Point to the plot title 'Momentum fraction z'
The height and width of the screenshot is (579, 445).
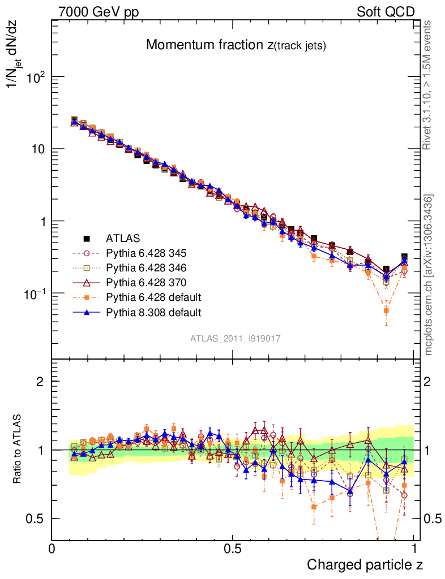(236, 46)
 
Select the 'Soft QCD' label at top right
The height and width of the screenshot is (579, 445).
(386, 12)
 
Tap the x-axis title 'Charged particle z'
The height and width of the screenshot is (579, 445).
(365, 564)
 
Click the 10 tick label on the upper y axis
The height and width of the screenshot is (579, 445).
(36, 149)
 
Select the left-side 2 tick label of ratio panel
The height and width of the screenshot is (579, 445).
(40, 381)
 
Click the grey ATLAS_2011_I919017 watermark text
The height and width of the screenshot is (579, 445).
(236, 338)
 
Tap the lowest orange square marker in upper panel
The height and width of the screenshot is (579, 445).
(387, 310)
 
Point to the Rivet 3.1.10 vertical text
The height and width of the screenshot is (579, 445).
(428, 85)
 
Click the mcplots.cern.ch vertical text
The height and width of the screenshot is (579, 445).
(429, 274)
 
